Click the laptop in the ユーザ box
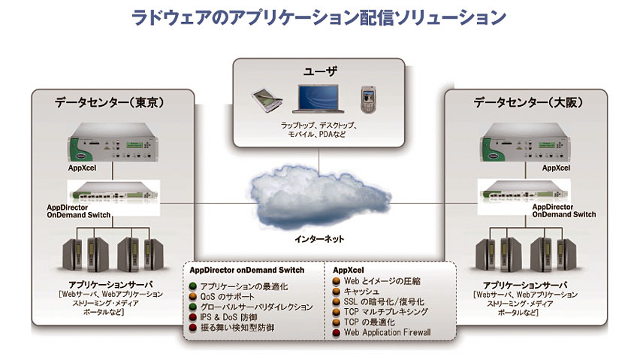point(319,98)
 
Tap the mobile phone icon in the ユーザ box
point(368,99)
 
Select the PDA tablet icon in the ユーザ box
point(267,100)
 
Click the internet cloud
point(320,198)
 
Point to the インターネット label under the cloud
point(319,239)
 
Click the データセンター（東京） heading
point(110,103)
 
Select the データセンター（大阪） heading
point(528,103)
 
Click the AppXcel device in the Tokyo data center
point(113,143)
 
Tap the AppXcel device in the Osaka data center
point(525,143)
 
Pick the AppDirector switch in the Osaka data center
point(525,192)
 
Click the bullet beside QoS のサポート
point(193,297)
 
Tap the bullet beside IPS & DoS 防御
point(193,317)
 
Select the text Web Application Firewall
point(387,333)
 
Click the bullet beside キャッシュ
point(337,291)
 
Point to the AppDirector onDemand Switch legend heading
point(247,271)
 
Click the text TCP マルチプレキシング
point(386,312)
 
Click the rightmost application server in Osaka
point(566,255)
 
